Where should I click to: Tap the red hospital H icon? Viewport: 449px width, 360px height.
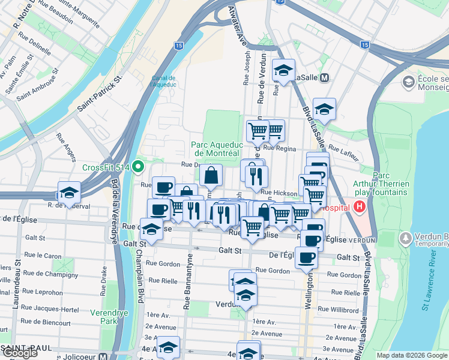point(360,207)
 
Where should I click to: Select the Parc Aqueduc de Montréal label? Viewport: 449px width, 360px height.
point(217,149)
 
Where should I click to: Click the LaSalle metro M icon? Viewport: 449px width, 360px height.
point(325,78)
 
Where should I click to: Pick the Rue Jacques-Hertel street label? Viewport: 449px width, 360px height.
point(50,309)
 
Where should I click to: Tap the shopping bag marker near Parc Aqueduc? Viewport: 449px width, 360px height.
point(211,176)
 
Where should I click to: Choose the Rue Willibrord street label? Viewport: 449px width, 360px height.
point(344,310)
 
